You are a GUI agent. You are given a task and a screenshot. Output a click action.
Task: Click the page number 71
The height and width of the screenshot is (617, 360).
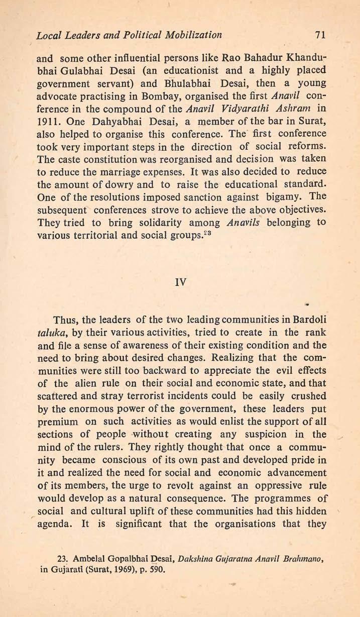pos(319,36)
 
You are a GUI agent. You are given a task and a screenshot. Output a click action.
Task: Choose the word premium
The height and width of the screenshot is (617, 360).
pos(58,416)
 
